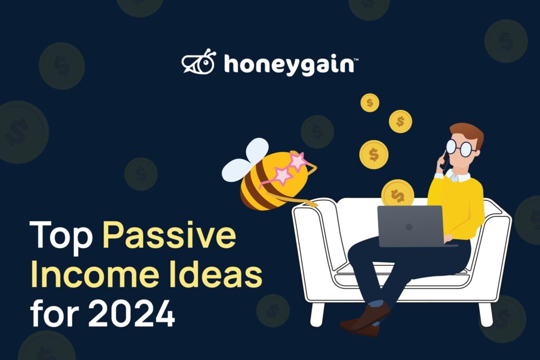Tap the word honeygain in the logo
click(x=289, y=64)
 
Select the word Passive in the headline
click(x=169, y=235)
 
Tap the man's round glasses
click(x=461, y=147)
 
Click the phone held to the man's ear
click(x=445, y=160)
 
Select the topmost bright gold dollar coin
click(x=370, y=103)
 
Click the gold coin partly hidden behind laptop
click(x=398, y=193)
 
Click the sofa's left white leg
click(x=317, y=315)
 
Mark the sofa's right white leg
click(x=486, y=315)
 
